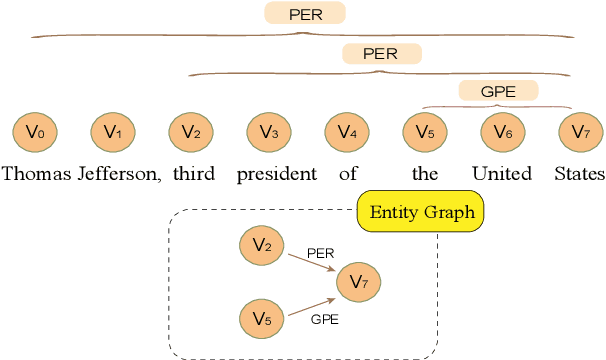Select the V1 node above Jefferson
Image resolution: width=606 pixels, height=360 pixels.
click(113, 131)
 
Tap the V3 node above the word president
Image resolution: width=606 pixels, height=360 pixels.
click(268, 131)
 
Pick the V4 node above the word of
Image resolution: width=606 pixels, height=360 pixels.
click(346, 131)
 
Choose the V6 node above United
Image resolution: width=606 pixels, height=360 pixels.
click(502, 131)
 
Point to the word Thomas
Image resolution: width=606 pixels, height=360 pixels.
click(37, 174)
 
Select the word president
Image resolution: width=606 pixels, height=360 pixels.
click(277, 174)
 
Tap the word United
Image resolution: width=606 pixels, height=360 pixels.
click(502, 174)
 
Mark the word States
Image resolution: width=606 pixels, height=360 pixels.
click(580, 174)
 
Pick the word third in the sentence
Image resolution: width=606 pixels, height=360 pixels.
click(193, 174)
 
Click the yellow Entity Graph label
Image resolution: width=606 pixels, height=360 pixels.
click(421, 212)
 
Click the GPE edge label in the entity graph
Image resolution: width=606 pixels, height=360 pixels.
click(325, 320)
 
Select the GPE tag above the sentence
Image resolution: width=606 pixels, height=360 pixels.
click(498, 91)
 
